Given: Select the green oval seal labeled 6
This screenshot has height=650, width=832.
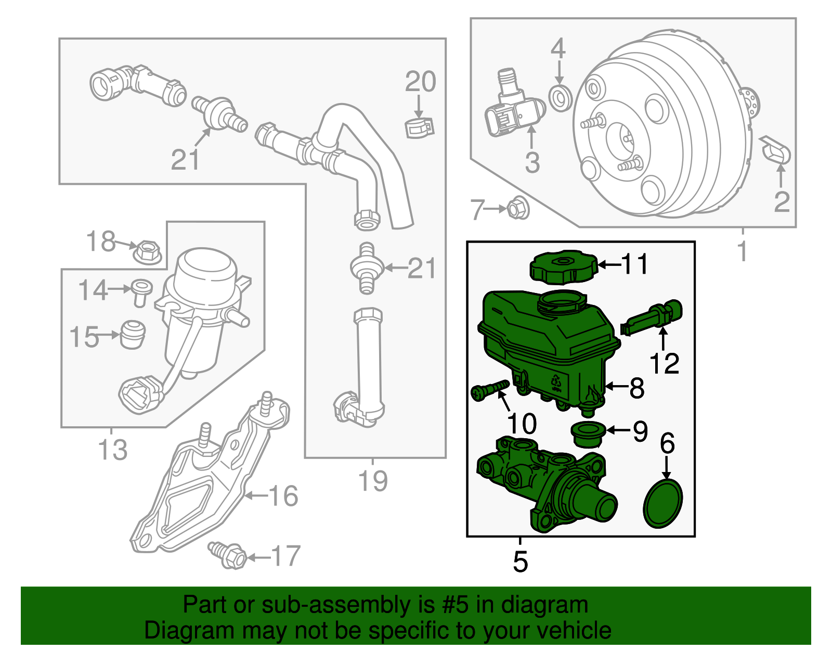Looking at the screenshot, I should [x=663, y=503].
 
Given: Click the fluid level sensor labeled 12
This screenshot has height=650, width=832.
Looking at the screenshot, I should [x=653, y=317].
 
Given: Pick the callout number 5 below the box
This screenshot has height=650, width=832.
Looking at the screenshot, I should [x=520, y=562].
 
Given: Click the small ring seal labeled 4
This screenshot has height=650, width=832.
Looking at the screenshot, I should [x=560, y=97].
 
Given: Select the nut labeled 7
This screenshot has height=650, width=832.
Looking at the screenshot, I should [x=517, y=208].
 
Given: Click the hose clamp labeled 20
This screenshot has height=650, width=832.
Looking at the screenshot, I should [x=419, y=128].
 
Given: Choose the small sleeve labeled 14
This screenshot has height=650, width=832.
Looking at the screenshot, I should [x=141, y=292].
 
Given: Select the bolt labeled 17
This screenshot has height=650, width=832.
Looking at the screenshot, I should [x=229, y=555].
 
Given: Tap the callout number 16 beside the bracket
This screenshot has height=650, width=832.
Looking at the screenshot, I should [x=283, y=496].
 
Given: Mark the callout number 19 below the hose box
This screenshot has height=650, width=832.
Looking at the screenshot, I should [x=373, y=481].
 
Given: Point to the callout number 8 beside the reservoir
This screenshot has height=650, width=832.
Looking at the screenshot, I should [x=636, y=388].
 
